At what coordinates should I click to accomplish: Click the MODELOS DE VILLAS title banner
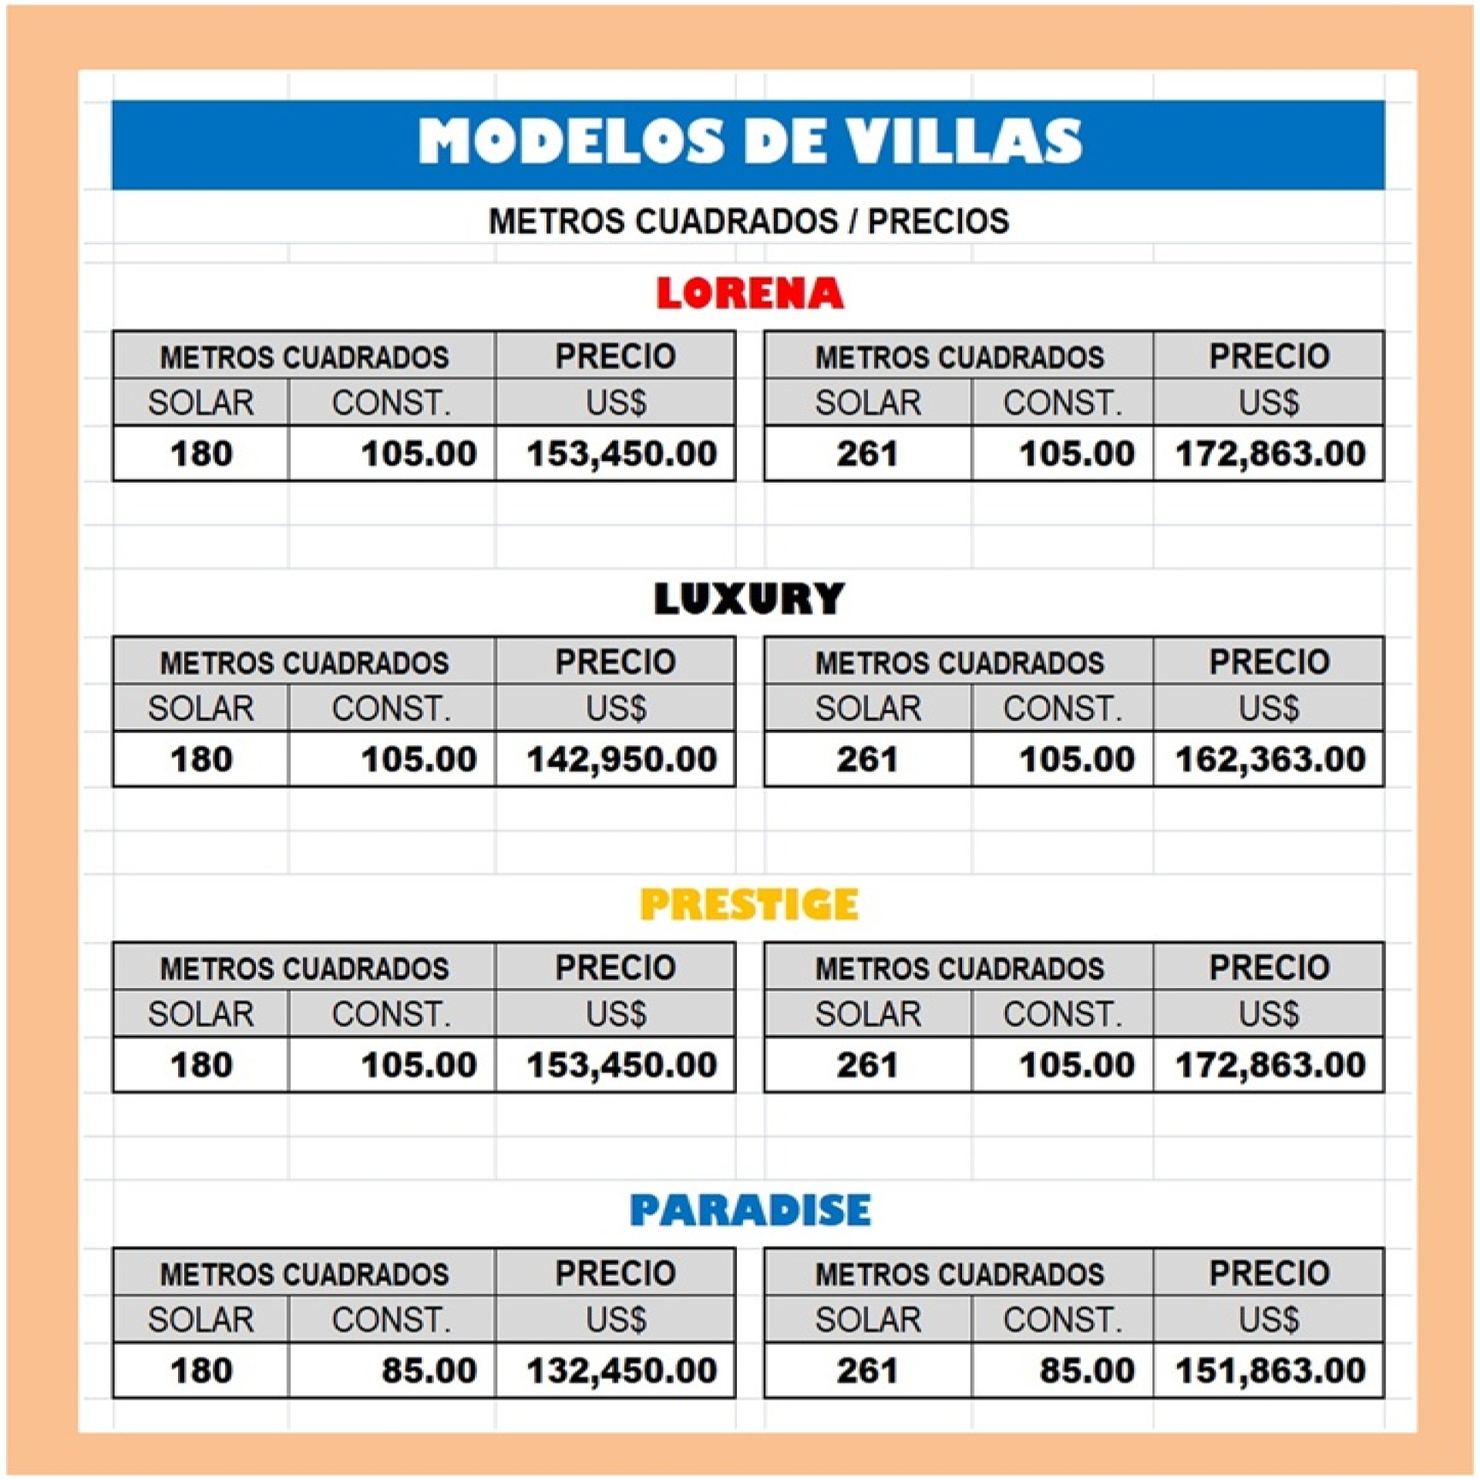point(748,143)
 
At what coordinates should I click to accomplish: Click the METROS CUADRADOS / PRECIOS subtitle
point(748,221)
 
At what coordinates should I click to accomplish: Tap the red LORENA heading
point(749,293)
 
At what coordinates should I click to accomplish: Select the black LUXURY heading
point(748,599)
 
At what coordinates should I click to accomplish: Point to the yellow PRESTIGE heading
point(748,904)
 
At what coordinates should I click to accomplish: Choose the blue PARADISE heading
point(749,1210)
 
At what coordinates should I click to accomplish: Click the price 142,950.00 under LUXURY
point(621,759)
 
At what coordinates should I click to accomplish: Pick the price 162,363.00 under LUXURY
point(1270,759)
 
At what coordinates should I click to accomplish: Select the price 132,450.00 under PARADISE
point(621,1371)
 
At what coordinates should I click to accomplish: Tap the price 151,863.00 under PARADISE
point(1270,1371)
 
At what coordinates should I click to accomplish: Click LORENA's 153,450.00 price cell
point(621,453)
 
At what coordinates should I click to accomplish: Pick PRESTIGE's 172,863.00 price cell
point(1270,1065)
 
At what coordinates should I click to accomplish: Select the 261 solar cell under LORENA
point(867,453)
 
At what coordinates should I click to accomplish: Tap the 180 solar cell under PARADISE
point(201,1371)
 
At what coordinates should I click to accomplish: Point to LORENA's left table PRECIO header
point(615,356)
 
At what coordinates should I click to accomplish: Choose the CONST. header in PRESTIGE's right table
point(1062,1014)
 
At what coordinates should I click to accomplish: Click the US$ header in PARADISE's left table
point(615,1320)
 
